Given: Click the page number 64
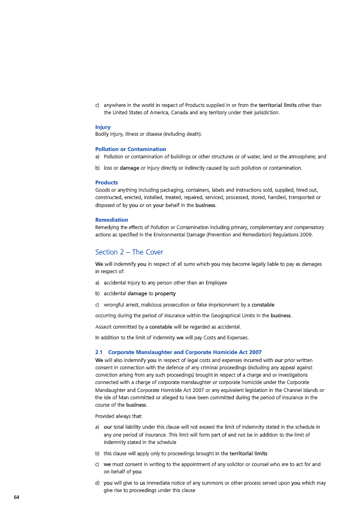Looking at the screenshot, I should pos(16,497).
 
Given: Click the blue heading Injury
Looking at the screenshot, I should pos(102,127).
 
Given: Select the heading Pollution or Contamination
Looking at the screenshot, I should pos(131,149).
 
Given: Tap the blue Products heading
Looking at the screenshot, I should pos(106,183).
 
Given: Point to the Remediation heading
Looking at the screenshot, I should pos(112,219).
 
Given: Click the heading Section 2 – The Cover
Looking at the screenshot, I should pos(129,252).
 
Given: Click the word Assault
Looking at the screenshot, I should pos(104,327).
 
